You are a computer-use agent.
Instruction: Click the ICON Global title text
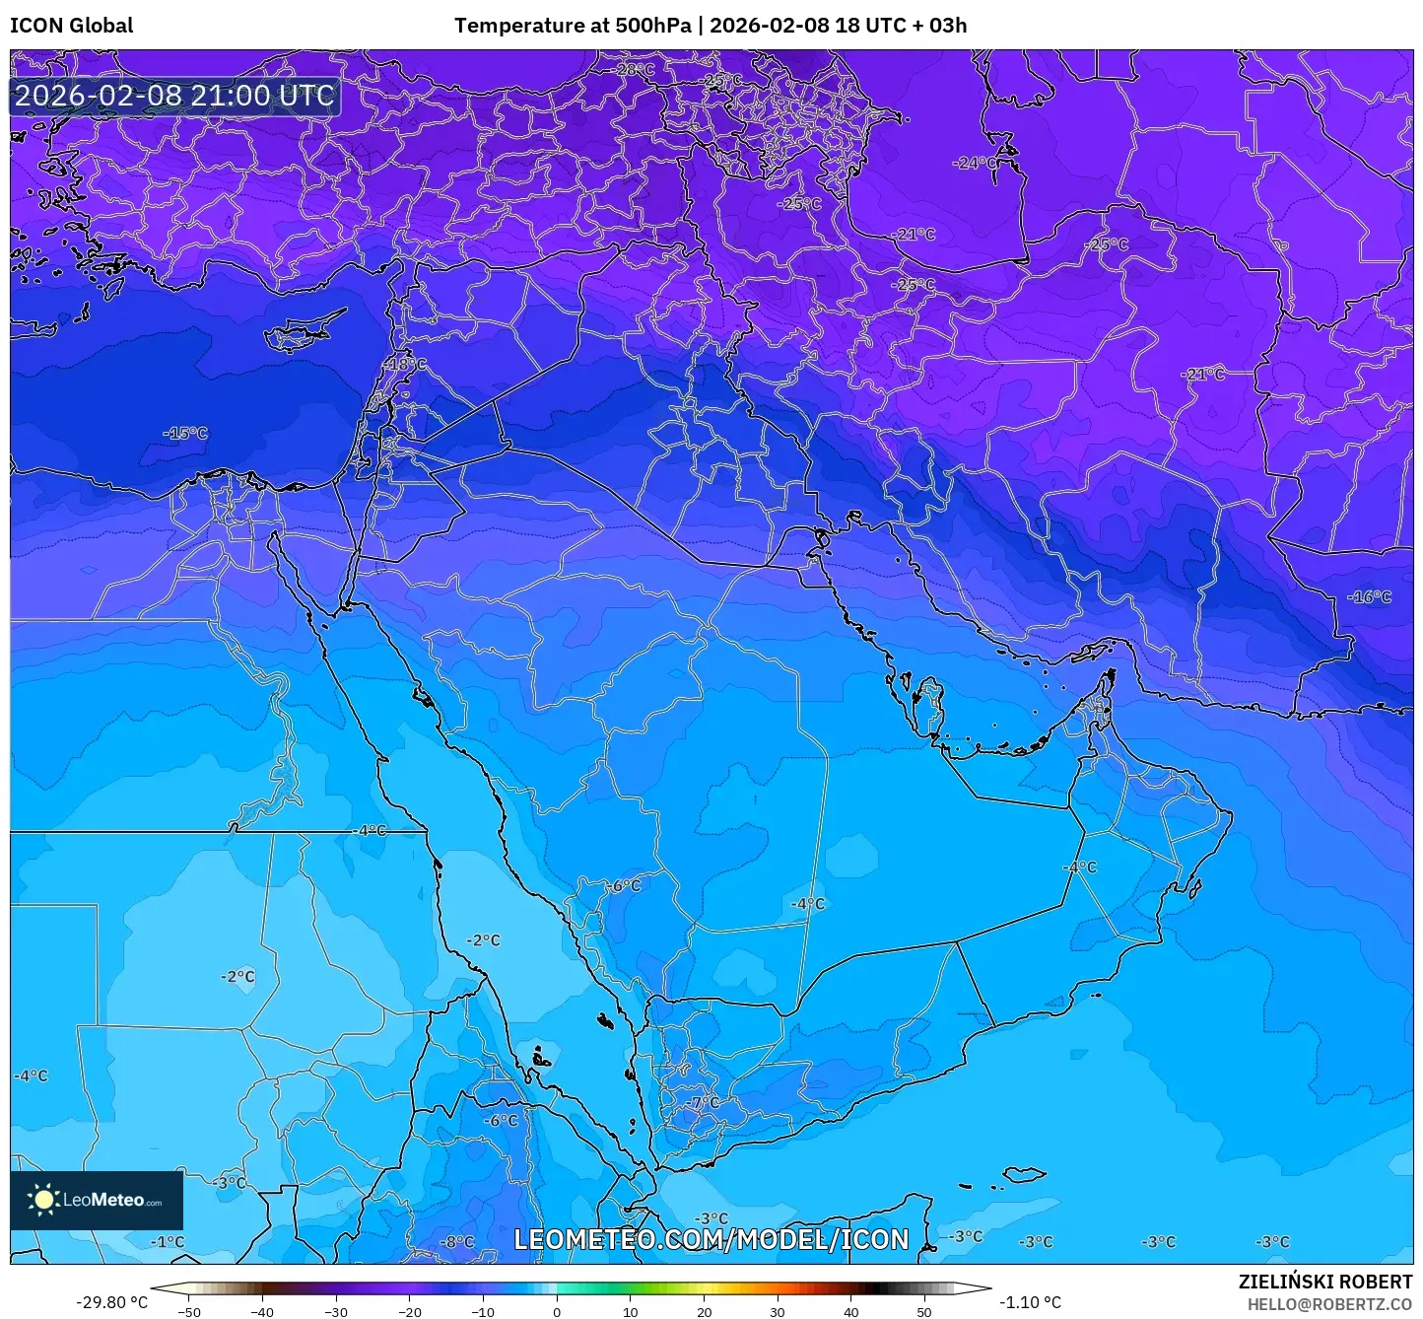[x=71, y=26]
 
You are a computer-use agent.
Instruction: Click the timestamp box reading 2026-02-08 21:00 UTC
[x=174, y=96]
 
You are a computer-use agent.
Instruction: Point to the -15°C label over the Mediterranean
[x=185, y=433]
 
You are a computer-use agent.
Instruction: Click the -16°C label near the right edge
[x=1369, y=596]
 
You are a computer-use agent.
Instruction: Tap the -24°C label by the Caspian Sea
[x=975, y=163]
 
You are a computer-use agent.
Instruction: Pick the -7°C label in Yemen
[x=705, y=1102]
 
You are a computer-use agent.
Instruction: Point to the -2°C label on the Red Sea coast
[x=483, y=940]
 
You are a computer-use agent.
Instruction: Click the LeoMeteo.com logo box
[x=97, y=1200]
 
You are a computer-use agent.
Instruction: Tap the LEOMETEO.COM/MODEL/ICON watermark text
[x=711, y=1239]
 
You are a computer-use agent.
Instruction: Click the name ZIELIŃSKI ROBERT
[x=1324, y=1282]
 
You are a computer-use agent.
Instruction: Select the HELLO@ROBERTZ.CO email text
[x=1329, y=1303]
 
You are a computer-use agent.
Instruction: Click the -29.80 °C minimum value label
[x=111, y=1302]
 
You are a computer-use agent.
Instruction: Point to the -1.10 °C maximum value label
[x=1030, y=1302]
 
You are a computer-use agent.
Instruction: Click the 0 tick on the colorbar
[x=557, y=1311]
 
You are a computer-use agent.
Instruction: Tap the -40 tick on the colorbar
[x=262, y=1311]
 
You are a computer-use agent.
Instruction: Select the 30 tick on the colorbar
[x=778, y=1311]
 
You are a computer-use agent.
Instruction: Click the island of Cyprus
[x=301, y=333]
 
